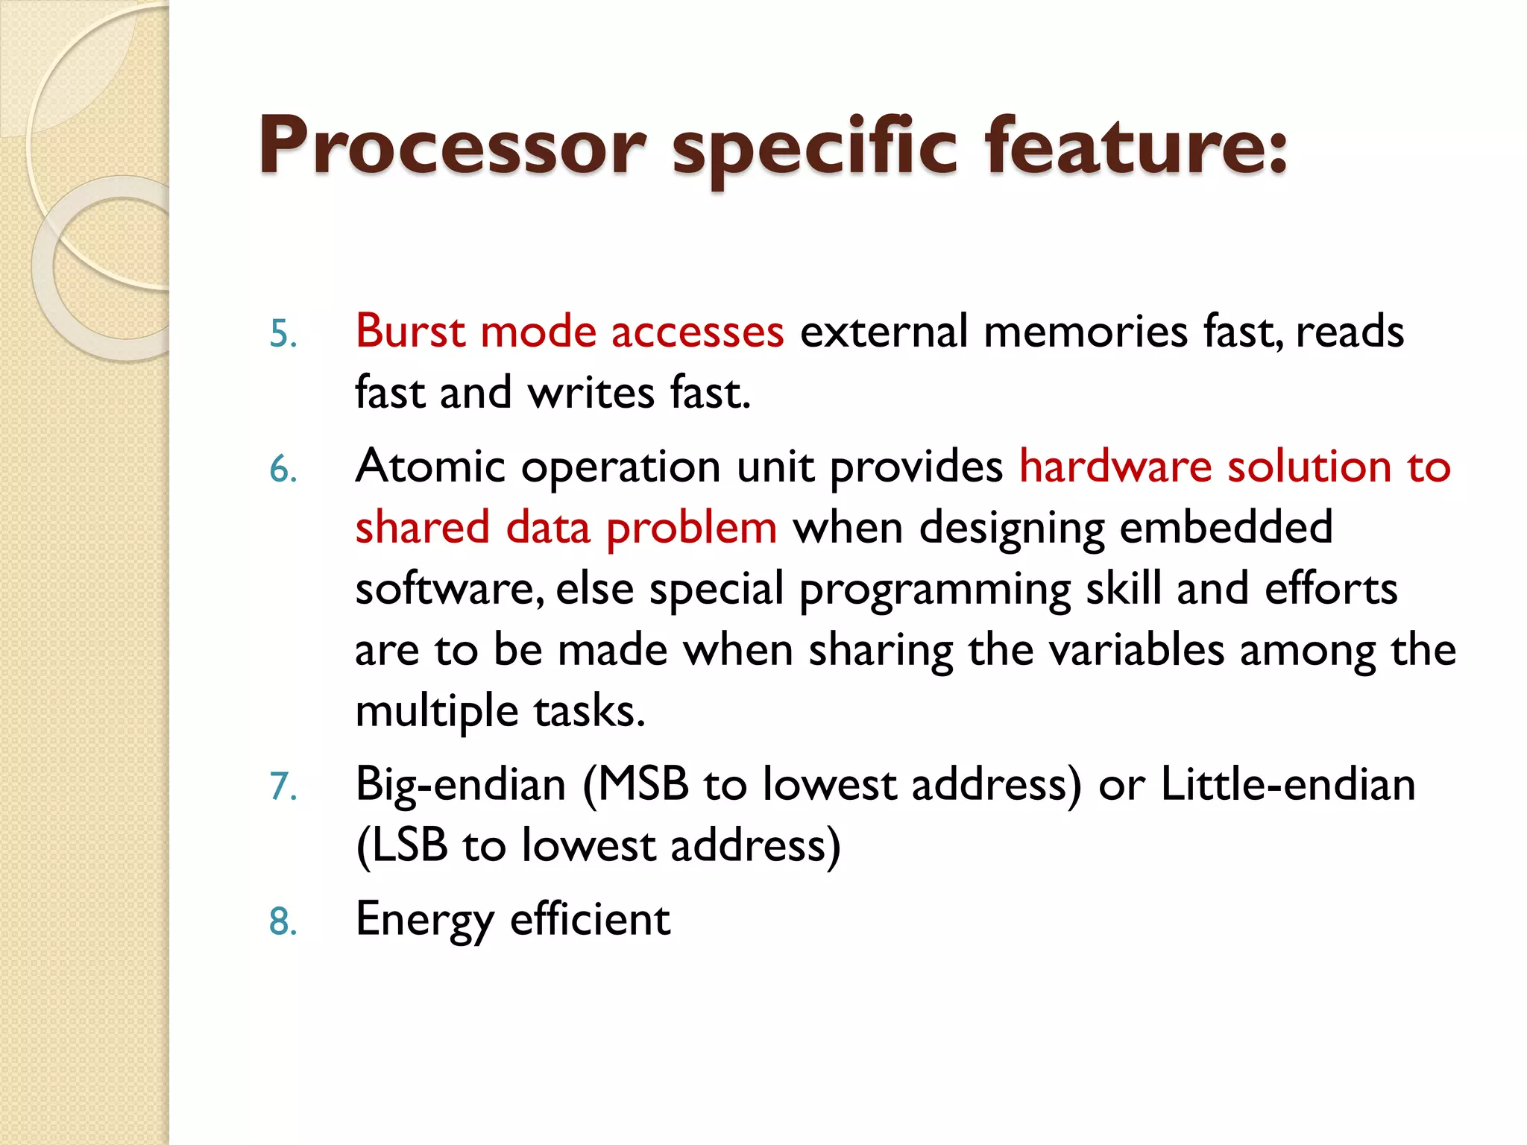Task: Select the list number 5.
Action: [x=283, y=333]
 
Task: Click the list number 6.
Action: [x=283, y=470]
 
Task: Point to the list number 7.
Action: [x=283, y=786]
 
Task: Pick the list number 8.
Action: [x=283, y=921]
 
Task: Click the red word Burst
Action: [x=409, y=331]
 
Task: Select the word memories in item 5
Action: [x=1085, y=331]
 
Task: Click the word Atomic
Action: [x=430, y=467]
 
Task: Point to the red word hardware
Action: [x=1115, y=467]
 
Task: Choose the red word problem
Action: [x=691, y=529]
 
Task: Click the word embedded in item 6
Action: [x=1226, y=527]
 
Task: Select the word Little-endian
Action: [x=1288, y=784]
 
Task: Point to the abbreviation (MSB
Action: [x=636, y=785]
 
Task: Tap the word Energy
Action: [x=424, y=920]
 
